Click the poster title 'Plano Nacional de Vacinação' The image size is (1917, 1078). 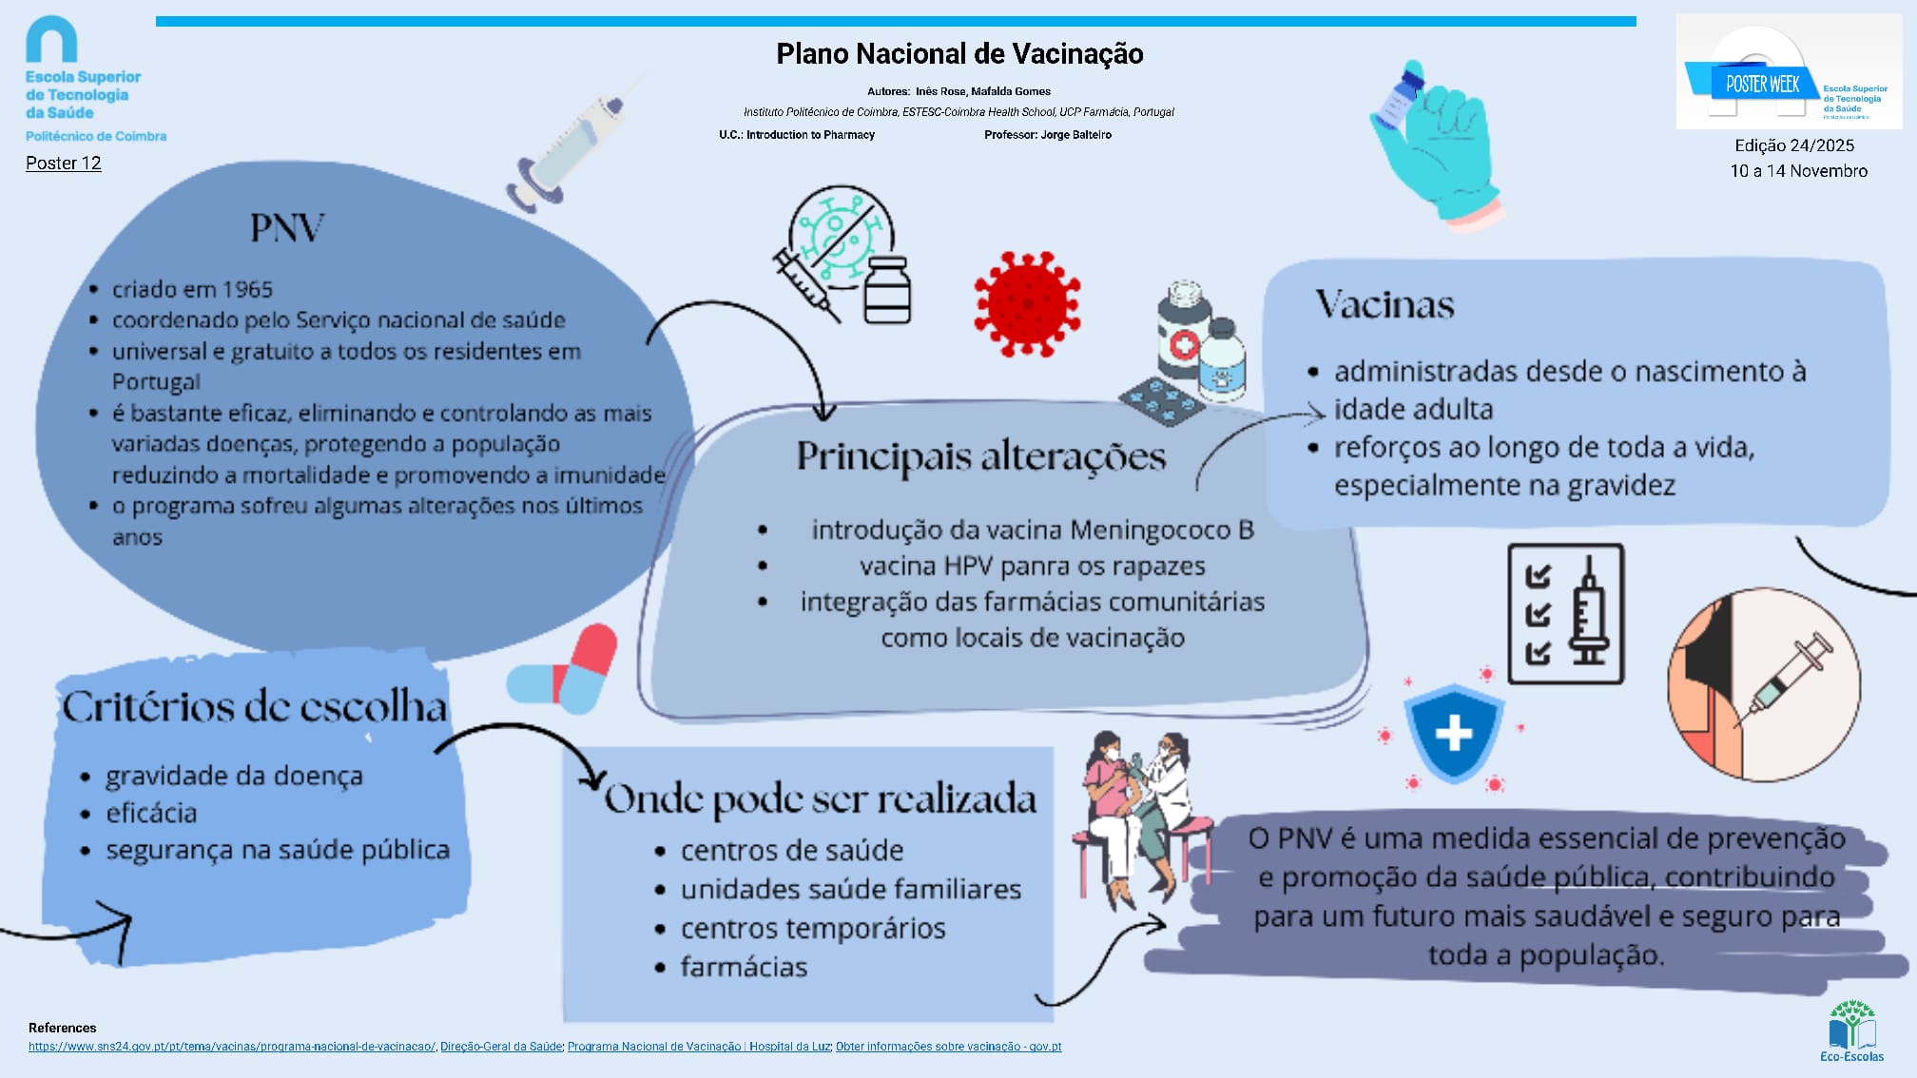point(959,54)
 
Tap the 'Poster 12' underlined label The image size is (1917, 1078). point(63,164)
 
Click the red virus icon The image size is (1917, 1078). point(1027,304)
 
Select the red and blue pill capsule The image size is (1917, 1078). point(564,669)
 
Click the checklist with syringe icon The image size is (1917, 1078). point(1565,613)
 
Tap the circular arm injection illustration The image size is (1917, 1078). point(1764,684)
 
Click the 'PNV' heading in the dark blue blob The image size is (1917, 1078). point(286,228)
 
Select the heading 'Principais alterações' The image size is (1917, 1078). point(980,456)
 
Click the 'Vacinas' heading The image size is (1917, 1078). point(1384,305)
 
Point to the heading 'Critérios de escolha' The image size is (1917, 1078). point(254,707)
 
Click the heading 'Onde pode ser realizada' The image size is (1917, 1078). point(820,799)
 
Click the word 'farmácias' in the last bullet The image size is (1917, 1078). point(744,968)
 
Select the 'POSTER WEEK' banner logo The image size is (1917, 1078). point(1762,84)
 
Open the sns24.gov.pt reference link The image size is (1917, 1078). point(232,1047)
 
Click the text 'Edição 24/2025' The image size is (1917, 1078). point(1794,145)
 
